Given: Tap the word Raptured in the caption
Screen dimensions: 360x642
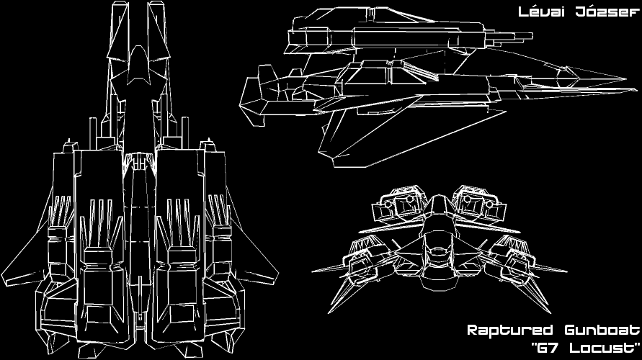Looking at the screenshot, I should coord(507,331).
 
